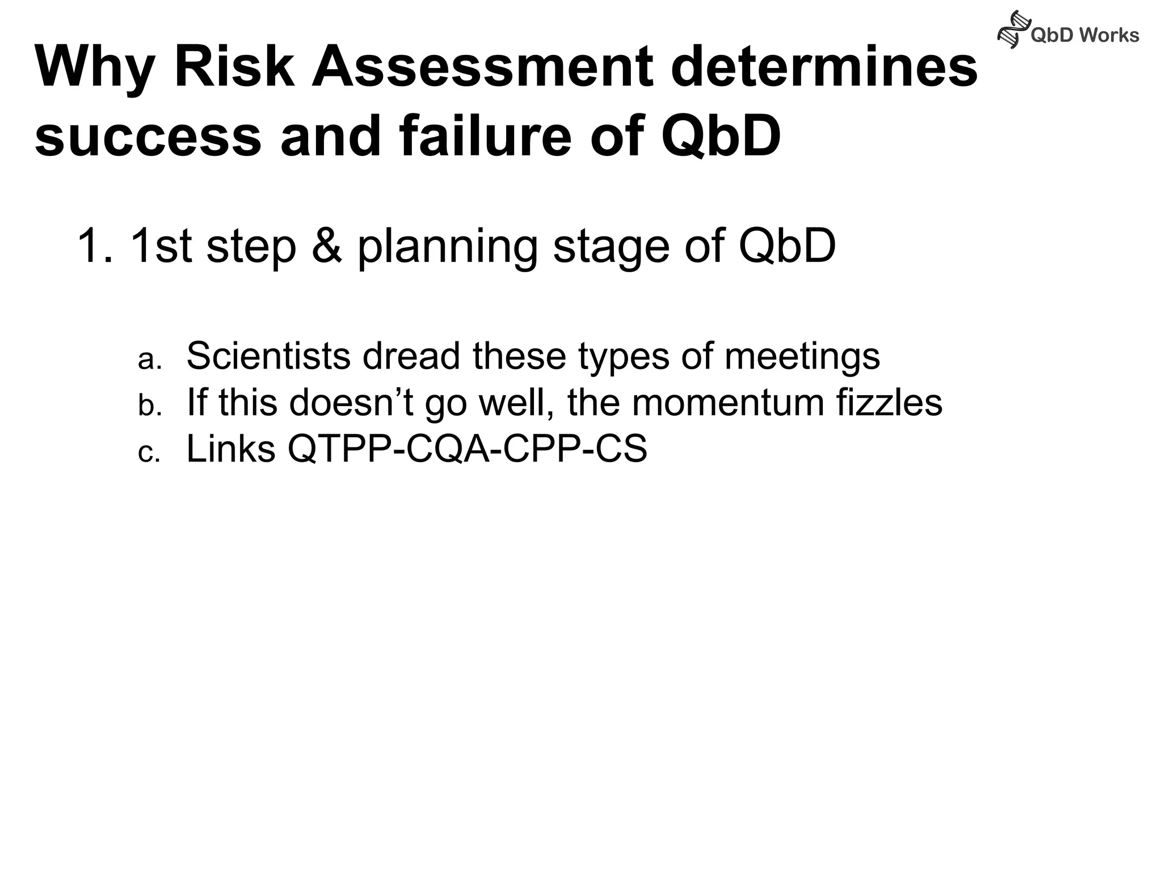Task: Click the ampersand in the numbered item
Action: click(x=327, y=246)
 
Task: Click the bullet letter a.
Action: click(x=150, y=360)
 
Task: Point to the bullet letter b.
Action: click(x=150, y=405)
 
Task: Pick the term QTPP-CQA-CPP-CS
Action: click(x=467, y=449)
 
